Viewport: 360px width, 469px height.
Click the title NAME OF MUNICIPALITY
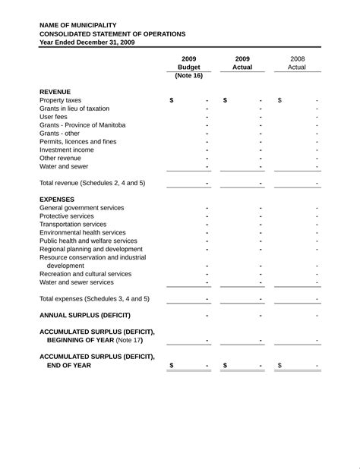click(x=78, y=25)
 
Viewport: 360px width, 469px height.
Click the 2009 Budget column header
click(x=188, y=63)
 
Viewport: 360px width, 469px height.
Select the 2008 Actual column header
click(x=297, y=63)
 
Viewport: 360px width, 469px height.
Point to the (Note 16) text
click(x=188, y=76)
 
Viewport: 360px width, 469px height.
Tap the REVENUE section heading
click(x=55, y=92)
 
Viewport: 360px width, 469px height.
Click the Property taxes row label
click(x=60, y=100)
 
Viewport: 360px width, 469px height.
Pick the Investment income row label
click(x=67, y=150)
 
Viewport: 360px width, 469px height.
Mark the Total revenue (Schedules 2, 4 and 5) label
click(x=92, y=183)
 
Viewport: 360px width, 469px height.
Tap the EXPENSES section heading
click(x=57, y=200)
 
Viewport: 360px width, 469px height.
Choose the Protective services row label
click(x=67, y=216)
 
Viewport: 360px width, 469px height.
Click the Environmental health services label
click(x=83, y=233)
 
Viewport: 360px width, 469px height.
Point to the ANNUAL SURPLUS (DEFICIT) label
click(x=85, y=315)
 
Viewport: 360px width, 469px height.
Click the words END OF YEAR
click(x=69, y=365)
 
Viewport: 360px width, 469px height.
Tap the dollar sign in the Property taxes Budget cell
click(x=172, y=100)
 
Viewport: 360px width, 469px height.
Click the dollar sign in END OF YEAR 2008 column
click(x=279, y=365)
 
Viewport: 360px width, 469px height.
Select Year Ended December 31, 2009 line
click(x=87, y=42)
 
